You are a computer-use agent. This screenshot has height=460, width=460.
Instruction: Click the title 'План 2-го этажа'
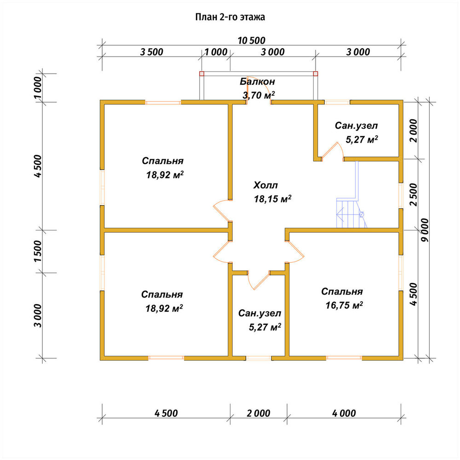[x=230, y=17]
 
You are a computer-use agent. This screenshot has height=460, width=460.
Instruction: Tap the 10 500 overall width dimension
[x=252, y=40]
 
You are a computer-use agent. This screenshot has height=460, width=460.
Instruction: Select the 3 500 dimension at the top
[x=151, y=52]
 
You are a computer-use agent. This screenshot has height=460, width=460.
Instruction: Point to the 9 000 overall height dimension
[x=425, y=230]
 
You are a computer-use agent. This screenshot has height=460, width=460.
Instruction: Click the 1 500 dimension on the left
[x=38, y=251]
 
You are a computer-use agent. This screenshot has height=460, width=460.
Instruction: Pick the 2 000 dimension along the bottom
[x=258, y=414]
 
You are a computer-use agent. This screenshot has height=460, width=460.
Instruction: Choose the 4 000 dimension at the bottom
[x=344, y=414]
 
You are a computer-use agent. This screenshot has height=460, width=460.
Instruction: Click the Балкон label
[x=257, y=81]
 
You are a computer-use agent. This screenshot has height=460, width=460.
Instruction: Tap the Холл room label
[x=265, y=185]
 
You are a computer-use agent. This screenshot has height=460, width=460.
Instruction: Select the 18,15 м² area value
[x=272, y=199]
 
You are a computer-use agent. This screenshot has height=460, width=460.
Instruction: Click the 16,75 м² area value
[x=344, y=305]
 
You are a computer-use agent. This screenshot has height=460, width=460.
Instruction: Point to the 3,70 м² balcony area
[x=259, y=95]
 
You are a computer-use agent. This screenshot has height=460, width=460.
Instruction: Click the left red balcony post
[x=202, y=74]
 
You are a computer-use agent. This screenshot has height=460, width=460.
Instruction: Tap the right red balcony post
[x=316, y=74]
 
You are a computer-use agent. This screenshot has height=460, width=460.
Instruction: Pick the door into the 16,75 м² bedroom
[x=295, y=252]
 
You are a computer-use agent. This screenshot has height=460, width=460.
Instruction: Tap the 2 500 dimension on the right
[x=413, y=195]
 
